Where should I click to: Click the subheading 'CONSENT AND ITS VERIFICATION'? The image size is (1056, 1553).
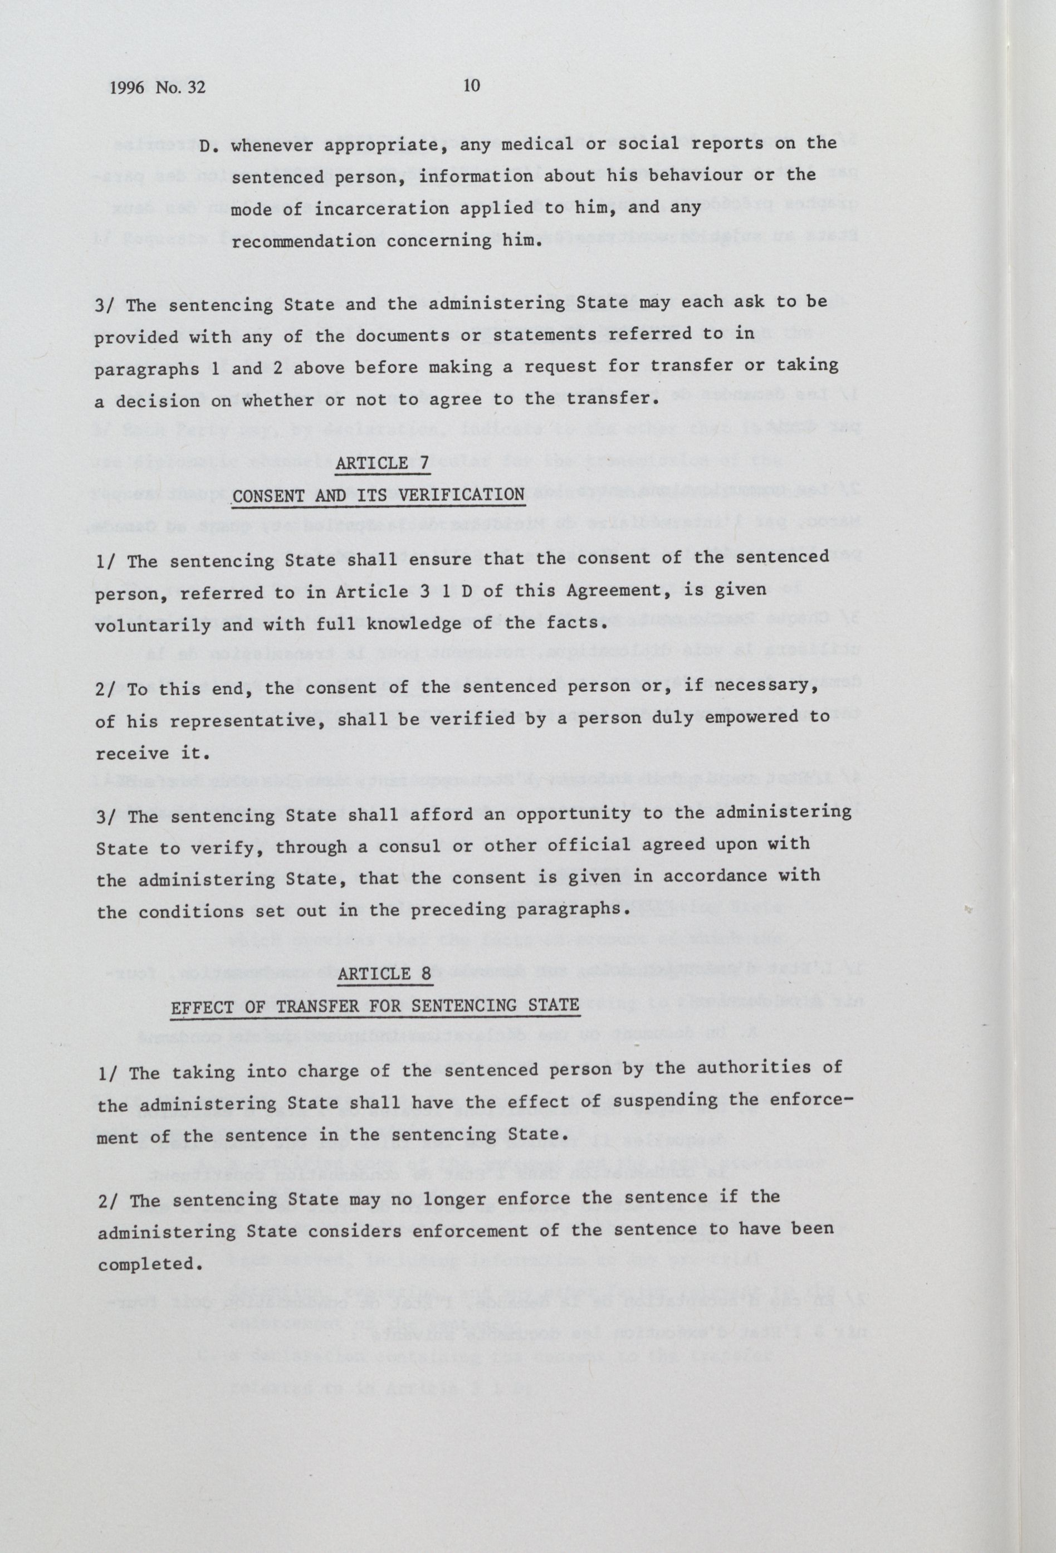[378, 495]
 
